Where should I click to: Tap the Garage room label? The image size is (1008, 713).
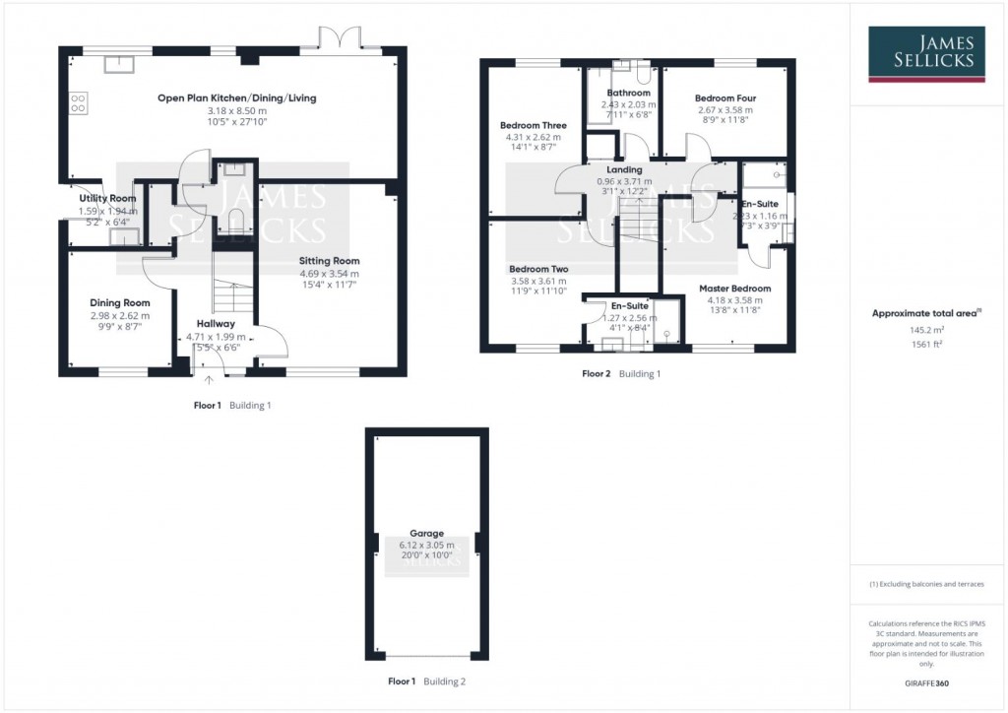[426, 533]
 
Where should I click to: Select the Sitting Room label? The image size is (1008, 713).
[329, 261]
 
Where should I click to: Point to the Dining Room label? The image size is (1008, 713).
[120, 302]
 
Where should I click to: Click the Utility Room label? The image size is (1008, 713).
[108, 198]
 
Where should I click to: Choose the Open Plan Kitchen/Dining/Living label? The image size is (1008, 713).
[237, 97]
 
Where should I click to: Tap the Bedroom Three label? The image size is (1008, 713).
[533, 125]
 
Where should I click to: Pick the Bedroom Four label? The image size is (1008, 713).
[724, 98]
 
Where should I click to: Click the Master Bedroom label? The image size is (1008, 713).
[734, 289]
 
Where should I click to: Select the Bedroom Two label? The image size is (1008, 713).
[538, 269]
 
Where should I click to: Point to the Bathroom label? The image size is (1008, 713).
[628, 93]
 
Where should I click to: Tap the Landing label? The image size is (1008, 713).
[624, 169]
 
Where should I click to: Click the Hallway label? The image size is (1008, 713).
[216, 323]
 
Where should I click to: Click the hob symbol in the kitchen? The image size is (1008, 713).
[78, 101]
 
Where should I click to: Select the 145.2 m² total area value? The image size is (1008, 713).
[925, 331]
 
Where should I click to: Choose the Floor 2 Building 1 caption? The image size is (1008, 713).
[620, 374]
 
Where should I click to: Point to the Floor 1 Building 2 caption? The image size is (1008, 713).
[426, 681]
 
